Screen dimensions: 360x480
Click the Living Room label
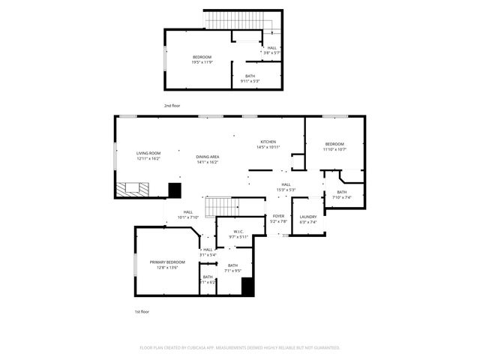148,156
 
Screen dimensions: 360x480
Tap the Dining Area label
207,159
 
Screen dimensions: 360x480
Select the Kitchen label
268,144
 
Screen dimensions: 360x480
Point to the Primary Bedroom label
167,264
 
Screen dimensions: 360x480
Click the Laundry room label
308,220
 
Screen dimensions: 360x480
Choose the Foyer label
278,218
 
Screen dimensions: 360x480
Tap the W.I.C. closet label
239,234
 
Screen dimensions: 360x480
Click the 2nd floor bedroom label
202,59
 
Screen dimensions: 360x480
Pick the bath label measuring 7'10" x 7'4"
341,195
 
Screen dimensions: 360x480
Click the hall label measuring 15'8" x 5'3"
286,187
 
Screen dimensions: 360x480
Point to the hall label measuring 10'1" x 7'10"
187,214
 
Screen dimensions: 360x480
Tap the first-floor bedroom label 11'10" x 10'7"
334,146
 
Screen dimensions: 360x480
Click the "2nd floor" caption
172,106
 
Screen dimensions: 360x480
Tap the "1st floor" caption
142,311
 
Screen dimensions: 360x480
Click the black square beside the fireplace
175,190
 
